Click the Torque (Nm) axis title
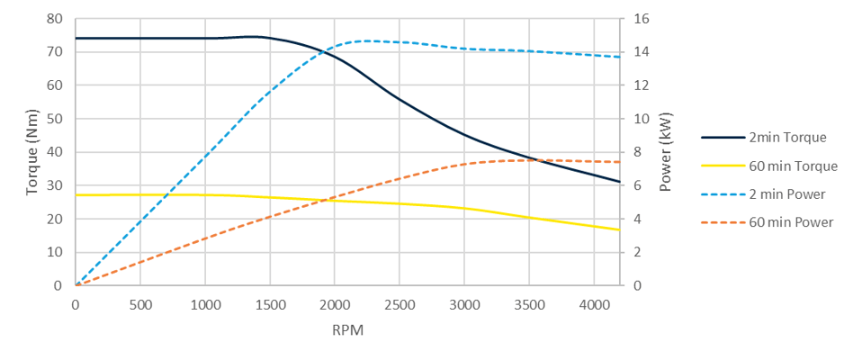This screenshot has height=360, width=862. (32, 152)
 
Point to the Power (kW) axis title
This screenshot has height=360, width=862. (666, 152)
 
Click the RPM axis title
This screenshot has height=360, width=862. (347, 329)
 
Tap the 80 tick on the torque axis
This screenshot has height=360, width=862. (55, 19)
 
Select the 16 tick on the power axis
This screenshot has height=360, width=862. (640, 19)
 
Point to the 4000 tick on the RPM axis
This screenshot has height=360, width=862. (594, 304)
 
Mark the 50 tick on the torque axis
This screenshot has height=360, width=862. (55, 119)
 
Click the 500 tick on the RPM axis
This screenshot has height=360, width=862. (140, 304)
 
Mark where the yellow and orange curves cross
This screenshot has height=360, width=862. (331, 199)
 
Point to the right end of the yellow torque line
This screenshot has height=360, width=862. (620, 229)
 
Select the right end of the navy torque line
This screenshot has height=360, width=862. (620, 182)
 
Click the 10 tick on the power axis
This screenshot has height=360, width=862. (640, 119)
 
